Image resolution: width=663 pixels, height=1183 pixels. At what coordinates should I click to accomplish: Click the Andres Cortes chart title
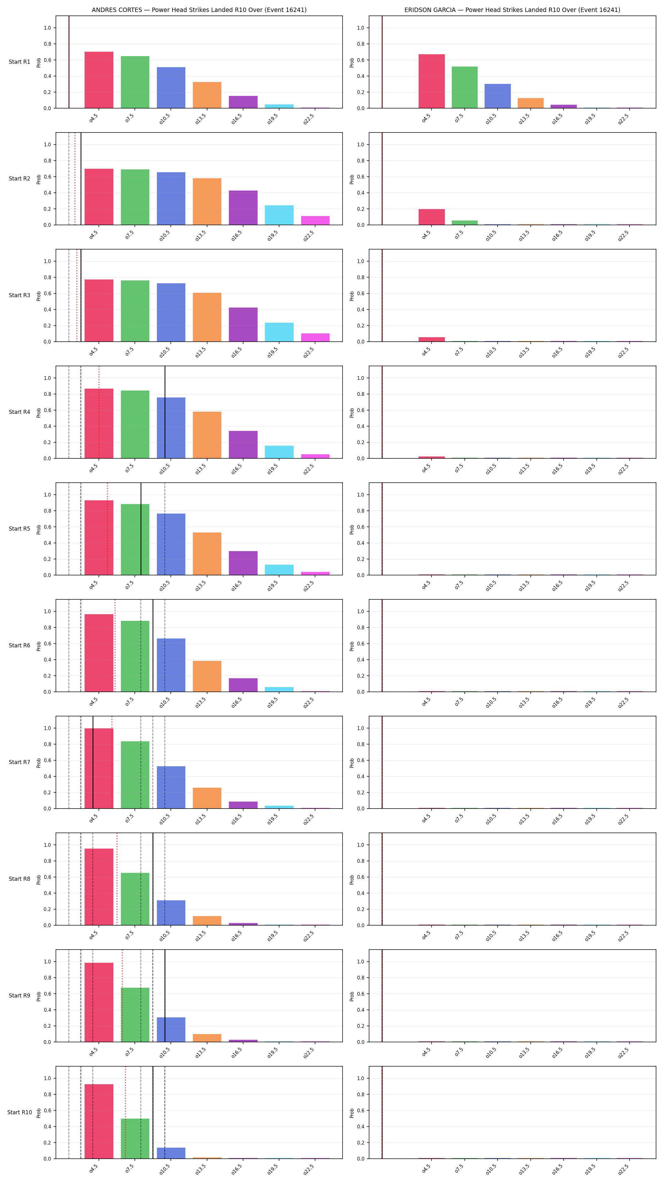(x=199, y=10)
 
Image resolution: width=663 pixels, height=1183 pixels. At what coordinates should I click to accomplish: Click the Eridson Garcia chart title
(x=512, y=10)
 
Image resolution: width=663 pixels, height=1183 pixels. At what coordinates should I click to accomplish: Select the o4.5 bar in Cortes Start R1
(x=99, y=80)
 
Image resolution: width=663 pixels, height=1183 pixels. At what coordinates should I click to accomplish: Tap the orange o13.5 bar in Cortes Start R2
(x=207, y=202)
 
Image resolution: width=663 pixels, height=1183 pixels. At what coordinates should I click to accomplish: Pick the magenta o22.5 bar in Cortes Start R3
(x=315, y=338)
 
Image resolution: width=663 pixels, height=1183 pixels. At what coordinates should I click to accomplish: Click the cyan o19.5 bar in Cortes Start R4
(x=279, y=452)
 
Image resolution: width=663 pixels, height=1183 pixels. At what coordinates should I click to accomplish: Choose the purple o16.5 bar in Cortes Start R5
(x=243, y=563)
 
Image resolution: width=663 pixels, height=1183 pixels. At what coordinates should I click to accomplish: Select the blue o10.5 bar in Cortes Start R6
(x=171, y=665)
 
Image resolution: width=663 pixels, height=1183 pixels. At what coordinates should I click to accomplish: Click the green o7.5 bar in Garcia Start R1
(x=464, y=87)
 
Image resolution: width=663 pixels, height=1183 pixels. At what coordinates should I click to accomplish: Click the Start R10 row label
(x=19, y=1112)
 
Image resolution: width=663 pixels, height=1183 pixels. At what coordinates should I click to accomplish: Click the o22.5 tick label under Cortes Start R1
(x=309, y=119)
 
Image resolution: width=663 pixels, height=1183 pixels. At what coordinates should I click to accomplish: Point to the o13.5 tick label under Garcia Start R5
(x=524, y=585)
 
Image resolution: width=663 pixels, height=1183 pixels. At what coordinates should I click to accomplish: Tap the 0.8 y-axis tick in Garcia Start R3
(x=361, y=277)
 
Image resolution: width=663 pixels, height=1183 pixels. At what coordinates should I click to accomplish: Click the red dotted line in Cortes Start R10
(x=125, y=1112)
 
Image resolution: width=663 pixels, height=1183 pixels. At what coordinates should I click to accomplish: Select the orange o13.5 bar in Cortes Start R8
(x=207, y=921)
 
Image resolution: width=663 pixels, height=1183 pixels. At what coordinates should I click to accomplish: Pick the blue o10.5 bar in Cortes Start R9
(x=171, y=1030)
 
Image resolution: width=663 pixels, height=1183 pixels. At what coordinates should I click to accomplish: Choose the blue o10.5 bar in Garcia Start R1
(x=498, y=96)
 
